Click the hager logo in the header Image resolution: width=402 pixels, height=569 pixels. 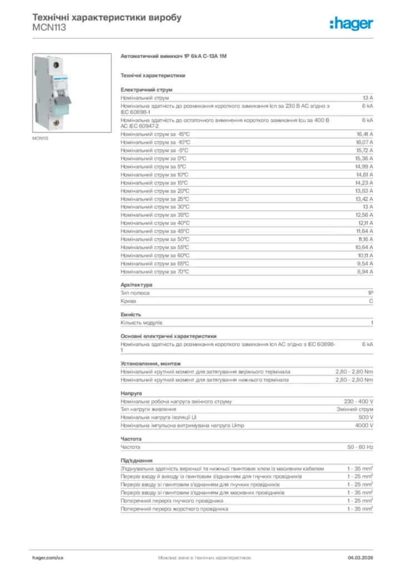[x=351, y=23]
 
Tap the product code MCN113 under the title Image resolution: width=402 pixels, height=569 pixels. [x=49, y=27]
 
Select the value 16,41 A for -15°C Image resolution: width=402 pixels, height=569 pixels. [x=364, y=134]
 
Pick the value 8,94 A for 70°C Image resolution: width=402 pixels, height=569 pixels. [x=364, y=272]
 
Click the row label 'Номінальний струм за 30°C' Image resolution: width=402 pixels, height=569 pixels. [x=155, y=207]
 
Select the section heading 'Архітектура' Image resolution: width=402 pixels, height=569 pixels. [x=136, y=285]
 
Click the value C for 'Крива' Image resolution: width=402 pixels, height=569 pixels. [x=371, y=301]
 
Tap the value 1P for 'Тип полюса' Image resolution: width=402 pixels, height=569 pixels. [x=370, y=293]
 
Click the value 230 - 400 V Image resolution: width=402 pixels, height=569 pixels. [x=359, y=401]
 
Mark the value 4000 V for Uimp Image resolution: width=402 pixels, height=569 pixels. [x=364, y=426]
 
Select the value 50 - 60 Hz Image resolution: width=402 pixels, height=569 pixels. [x=360, y=447]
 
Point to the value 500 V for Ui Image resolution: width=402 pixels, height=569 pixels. [x=365, y=417]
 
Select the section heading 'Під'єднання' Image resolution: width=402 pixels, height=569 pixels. [x=137, y=461]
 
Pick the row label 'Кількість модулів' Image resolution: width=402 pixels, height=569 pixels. [x=142, y=322]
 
